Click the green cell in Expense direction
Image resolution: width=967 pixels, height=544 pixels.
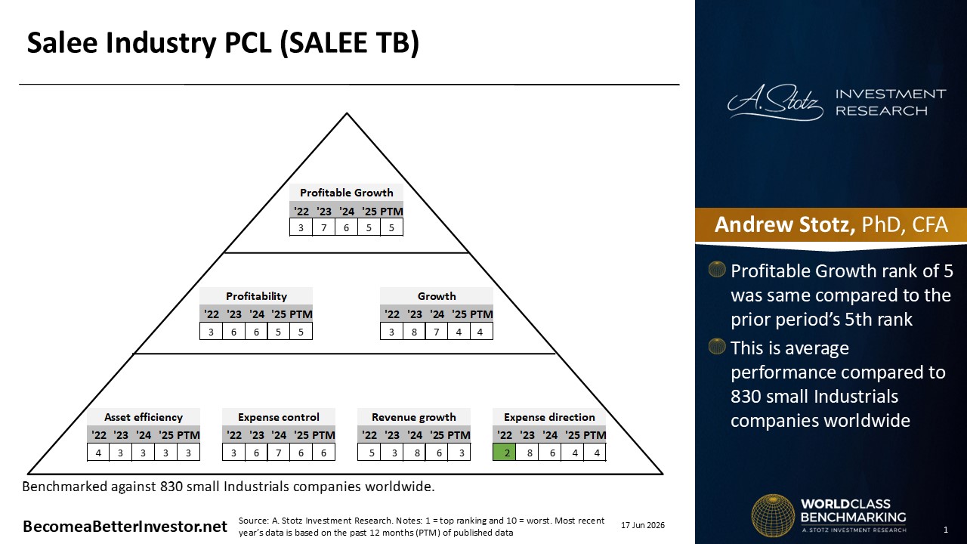[504, 453]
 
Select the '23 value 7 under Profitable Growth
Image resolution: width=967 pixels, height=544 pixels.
[324, 227]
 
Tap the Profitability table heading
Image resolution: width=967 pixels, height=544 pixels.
[256, 296]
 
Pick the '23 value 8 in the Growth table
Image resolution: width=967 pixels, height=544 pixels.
[414, 332]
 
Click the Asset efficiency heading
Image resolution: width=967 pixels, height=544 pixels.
[144, 417]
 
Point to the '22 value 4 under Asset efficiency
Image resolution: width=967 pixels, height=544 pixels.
[98, 453]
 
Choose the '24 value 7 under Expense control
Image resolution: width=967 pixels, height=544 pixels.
[279, 453]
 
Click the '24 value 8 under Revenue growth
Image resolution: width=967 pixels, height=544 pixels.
[417, 453]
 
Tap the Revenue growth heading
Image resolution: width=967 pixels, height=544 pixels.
[413, 417]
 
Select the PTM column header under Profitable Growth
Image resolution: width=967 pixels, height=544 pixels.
[392, 212]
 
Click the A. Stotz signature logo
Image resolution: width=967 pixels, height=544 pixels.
[775, 102]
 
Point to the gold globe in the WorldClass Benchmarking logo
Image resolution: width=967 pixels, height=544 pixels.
[773, 515]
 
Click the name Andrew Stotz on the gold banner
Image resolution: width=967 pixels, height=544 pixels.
[784, 224]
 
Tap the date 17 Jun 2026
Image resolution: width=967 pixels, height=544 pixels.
[643, 525]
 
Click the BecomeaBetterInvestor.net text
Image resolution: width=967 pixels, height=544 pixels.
[125, 527]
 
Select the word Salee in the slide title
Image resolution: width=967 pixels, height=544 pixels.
[62, 42]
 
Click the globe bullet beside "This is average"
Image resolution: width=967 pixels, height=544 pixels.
[717, 346]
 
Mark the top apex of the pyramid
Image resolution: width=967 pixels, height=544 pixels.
[347, 113]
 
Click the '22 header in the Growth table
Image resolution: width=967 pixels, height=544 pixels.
[391, 314]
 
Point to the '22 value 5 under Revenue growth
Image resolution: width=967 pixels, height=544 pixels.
[372, 453]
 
